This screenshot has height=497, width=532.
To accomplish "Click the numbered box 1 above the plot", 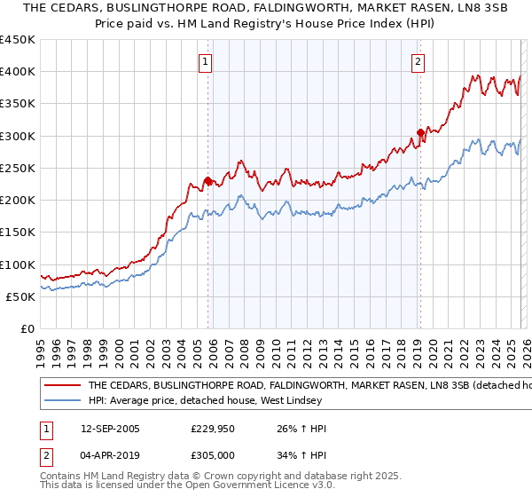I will pos(206,62).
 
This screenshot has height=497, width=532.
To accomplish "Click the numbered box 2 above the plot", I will pos(417,62).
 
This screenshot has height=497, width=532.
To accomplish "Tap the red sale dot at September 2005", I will pos(207,181).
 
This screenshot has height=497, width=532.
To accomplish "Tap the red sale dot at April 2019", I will pos(419,133).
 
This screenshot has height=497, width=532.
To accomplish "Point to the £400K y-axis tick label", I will pos(18,72).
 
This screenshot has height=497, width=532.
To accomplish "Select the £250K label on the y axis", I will pos(18,168).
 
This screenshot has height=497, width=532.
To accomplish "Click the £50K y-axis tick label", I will pos(20,296).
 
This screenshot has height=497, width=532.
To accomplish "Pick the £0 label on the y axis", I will pos(27,328).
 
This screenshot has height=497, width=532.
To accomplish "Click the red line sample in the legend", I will pos(63,386).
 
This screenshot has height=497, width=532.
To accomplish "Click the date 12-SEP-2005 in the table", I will pos(110,429).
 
